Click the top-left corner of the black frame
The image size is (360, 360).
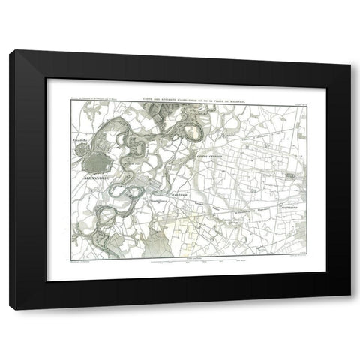pos(10,51)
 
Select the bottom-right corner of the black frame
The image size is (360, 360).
pos(350,308)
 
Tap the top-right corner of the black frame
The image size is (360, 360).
pos(350,51)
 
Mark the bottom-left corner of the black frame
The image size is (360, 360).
pos(10,308)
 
